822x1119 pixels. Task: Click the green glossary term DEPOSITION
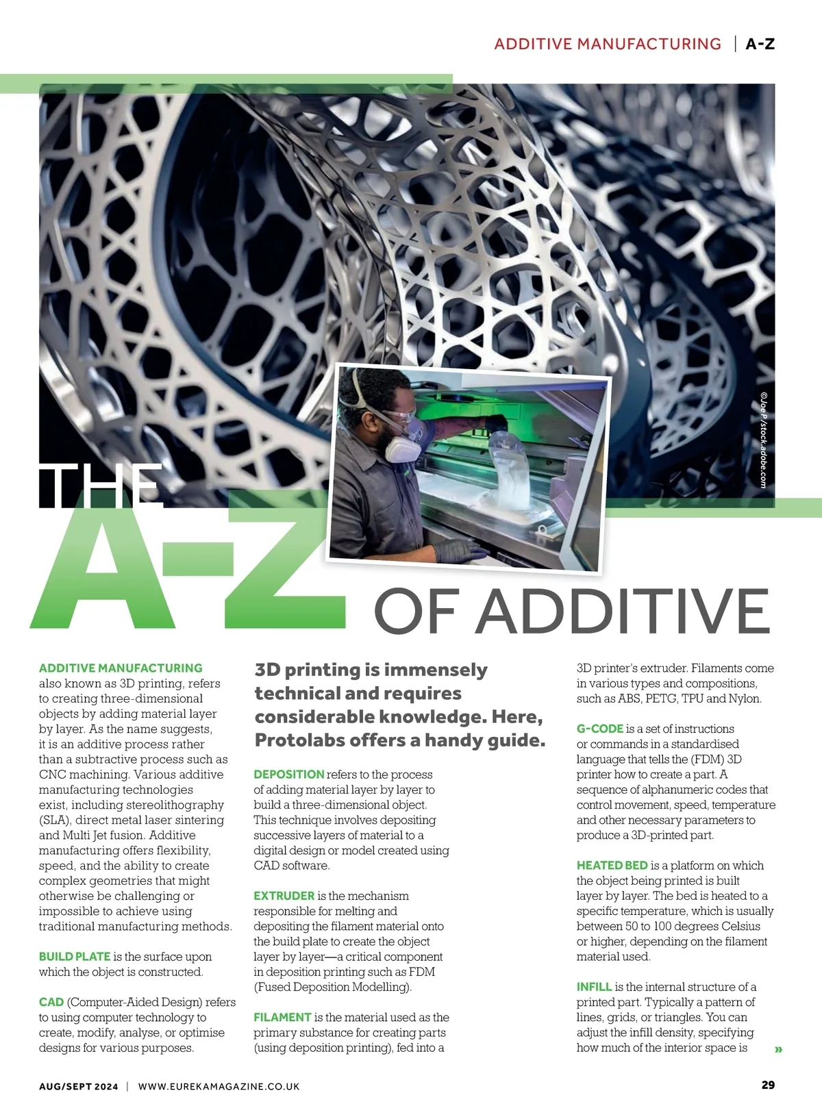pos(288,775)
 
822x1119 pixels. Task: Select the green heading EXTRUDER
pos(284,896)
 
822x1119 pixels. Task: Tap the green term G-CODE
pos(599,729)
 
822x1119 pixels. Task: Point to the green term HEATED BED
pos(612,866)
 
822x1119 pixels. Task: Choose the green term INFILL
pos(594,987)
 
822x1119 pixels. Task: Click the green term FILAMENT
pos(282,1018)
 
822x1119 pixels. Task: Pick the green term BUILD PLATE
pos(75,957)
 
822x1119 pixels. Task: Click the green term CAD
pos(51,1003)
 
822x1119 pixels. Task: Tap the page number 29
pos(768,1085)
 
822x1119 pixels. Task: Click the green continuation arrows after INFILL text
pos(778,1049)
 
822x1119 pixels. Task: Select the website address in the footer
pos(219,1087)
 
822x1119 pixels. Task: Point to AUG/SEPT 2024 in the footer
pos(78,1087)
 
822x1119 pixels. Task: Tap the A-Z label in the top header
pos(760,45)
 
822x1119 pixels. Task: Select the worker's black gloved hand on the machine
pos(458,548)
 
